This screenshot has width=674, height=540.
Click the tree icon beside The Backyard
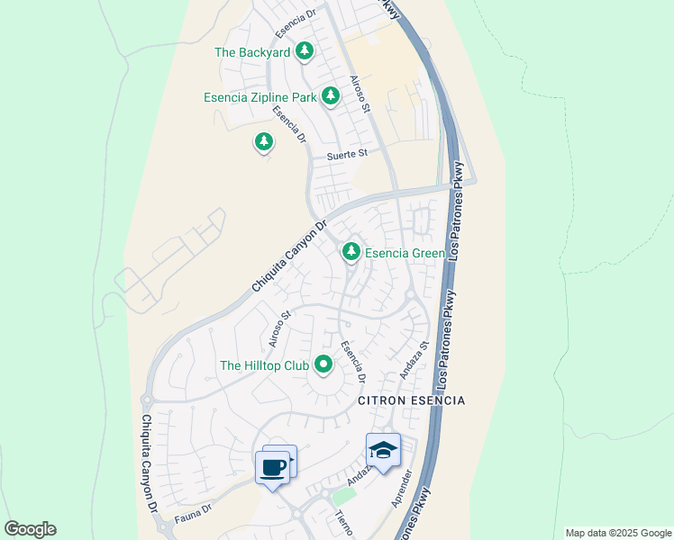tap(305, 51)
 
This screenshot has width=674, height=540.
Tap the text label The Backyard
tap(252, 52)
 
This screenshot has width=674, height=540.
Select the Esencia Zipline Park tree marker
tap(331, 94)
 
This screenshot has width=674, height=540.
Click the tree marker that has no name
tap(263, 141)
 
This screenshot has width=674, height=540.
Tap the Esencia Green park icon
tap(351, 253)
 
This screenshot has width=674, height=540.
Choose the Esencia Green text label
tap(404, 254)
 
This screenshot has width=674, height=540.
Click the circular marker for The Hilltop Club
tap(323, 364)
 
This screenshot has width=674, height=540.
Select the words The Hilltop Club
tap(264, 365)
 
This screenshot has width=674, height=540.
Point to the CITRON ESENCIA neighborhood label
tap(412, 400)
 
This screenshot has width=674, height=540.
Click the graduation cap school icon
tap(383, 450)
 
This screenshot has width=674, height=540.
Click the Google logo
tap(30, 529)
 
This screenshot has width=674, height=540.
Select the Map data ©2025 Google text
tap(618, 533)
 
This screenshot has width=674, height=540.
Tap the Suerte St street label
tap(348, 154)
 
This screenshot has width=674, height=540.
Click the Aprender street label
tap(402, 488)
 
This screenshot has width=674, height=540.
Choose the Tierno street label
tap(343, 523)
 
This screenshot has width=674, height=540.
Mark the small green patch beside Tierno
tap(343, 496)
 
